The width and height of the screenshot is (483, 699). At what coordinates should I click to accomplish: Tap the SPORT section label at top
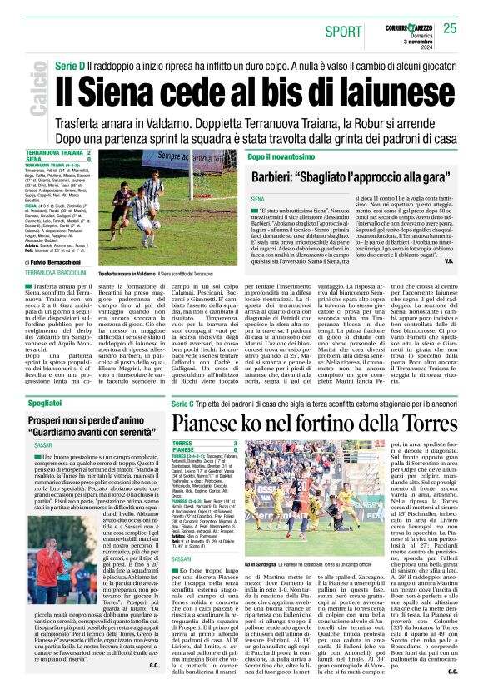[343, 32]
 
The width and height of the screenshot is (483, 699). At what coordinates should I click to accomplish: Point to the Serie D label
[71, 64]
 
